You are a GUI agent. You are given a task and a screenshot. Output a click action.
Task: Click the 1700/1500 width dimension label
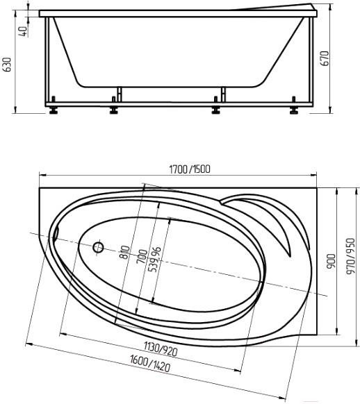pos(190,169)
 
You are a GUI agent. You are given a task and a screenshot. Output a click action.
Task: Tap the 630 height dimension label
pos(8,65)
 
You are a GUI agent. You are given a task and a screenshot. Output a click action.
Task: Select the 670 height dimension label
pos(325,58)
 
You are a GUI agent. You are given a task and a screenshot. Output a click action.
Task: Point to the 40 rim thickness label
pos(23,31)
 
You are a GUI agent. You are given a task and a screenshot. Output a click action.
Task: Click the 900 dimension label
pos(331,262)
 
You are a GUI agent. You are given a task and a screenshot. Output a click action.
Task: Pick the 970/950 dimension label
pos(351,256)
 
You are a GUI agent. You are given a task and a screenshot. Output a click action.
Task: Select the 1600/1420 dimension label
pos(150,363)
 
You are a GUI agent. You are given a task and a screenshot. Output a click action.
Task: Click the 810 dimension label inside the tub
pos(125,252)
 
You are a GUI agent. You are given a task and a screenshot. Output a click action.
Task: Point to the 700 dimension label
pos(142,256)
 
